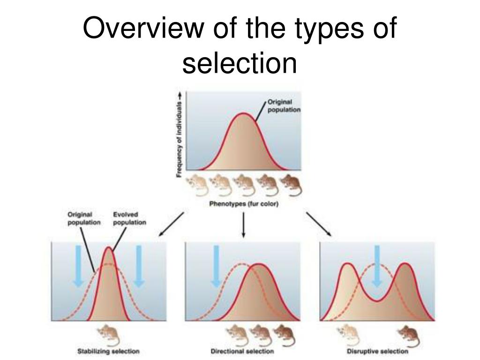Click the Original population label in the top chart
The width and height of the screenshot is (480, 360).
283,106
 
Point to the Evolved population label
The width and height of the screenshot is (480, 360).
129,219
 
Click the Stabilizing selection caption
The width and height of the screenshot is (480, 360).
108,351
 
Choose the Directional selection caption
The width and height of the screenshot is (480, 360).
242,351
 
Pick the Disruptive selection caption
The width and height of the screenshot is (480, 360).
377,351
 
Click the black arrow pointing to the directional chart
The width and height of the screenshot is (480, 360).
243,225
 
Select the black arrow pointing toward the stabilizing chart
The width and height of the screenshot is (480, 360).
171,224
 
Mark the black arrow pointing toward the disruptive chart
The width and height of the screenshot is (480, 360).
319,224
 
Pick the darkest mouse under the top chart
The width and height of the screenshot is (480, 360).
292,185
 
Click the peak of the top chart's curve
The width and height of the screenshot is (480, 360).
243,113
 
